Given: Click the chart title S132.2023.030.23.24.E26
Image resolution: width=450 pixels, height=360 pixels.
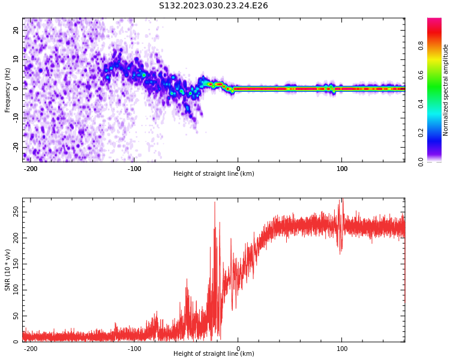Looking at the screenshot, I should coord(213,5).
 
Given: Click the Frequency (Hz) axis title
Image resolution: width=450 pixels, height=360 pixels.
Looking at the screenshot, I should coord(8,90).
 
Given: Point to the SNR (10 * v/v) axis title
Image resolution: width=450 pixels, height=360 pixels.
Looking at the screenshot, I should coord(8,270).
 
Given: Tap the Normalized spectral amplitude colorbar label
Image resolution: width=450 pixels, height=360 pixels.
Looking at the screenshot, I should coord(446,90).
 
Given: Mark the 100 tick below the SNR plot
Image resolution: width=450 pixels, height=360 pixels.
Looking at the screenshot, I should coord(342,349).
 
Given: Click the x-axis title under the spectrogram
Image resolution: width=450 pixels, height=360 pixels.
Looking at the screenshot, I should coord(214,174).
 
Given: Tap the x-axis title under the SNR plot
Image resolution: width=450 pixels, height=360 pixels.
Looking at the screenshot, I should coord(214,354).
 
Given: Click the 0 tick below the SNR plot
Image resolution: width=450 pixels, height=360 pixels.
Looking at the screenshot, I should coord(238,349).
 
